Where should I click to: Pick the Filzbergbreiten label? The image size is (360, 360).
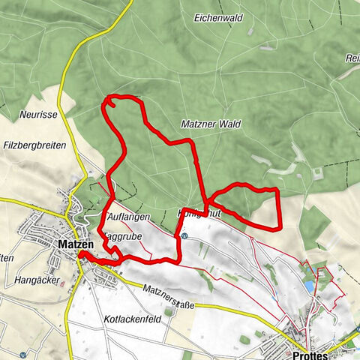34,145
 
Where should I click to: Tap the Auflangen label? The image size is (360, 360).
128,217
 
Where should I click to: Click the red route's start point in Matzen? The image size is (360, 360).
81,256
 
